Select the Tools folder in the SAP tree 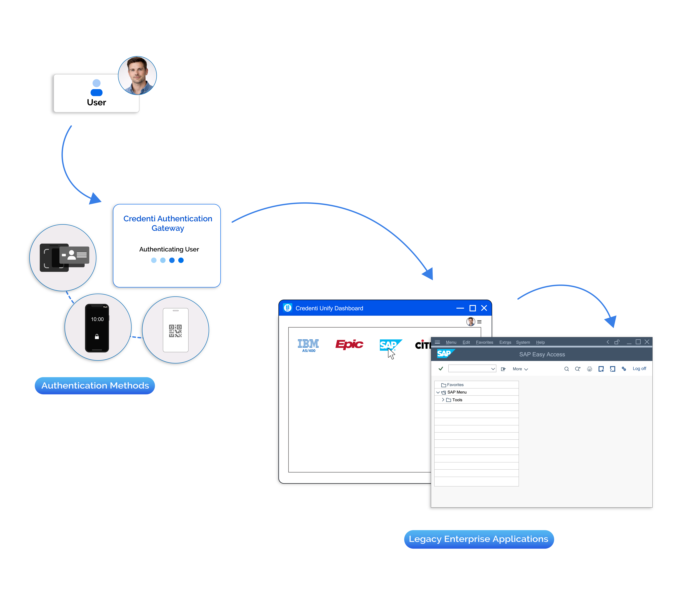click(x=457, y=400)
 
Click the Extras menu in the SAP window click(x=505, y=342)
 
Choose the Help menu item click(x=540, y=342)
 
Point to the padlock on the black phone click(x=97, y=337)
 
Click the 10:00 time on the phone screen click(x=97, y=319)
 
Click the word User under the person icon click(x=96, y=102)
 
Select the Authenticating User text click(x=169, y=249)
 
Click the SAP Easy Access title click(x=542, y=354)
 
